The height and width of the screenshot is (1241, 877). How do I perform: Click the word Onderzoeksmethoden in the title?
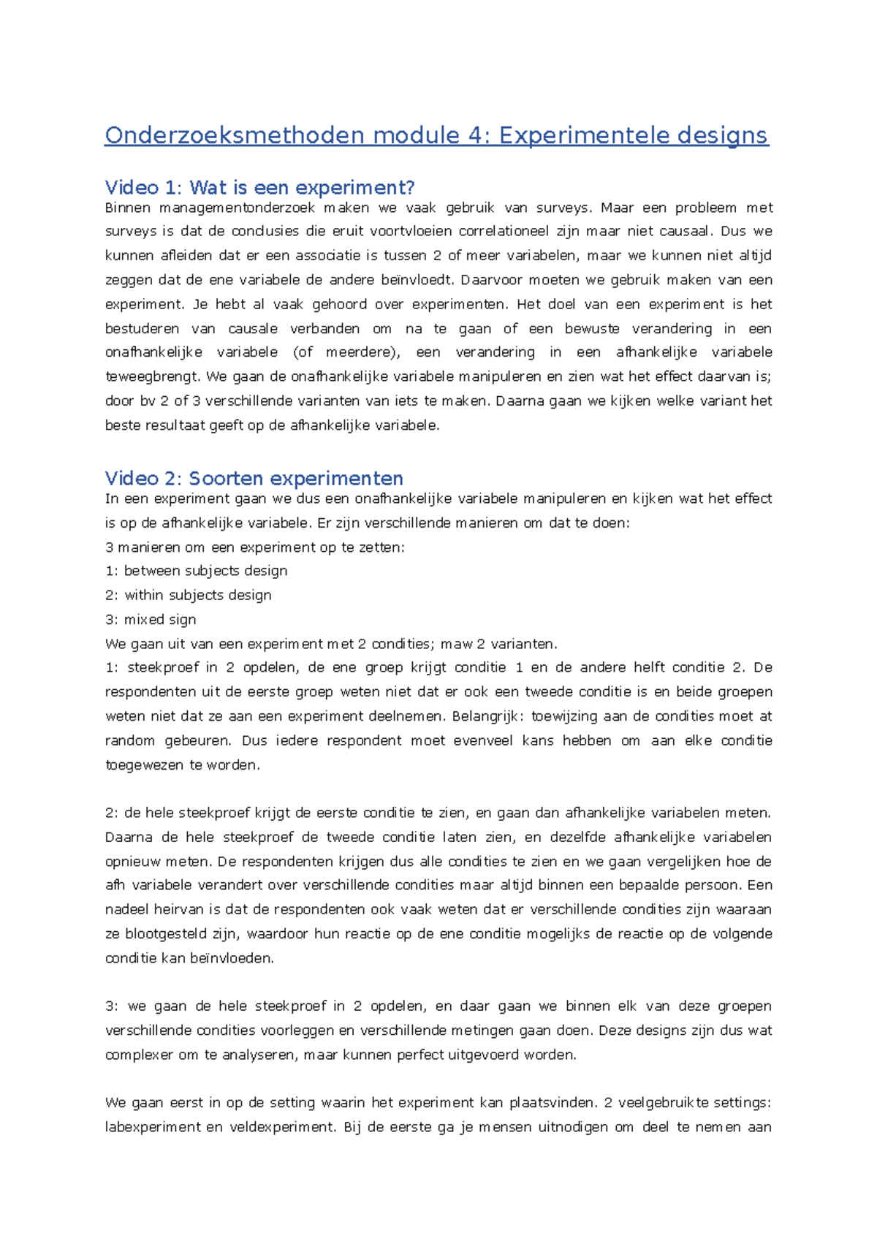[x=234, y=135]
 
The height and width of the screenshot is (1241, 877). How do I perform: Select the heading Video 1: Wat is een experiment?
[x=259, y=188]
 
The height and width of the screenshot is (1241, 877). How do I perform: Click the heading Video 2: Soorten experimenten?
[x=254, y=479]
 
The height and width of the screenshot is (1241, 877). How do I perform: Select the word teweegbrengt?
[x=151, y=377]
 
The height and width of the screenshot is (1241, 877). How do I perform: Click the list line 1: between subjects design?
[x=196, y=571]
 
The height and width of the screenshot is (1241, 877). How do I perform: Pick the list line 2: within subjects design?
[x=189, y=595]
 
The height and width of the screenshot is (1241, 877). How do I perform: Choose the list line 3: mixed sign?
[x=151, y=620]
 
